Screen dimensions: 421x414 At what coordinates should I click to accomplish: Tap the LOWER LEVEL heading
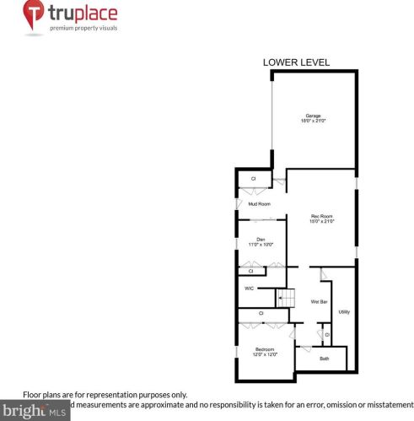point(296,62)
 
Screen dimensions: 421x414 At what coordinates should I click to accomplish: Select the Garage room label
point(313,116)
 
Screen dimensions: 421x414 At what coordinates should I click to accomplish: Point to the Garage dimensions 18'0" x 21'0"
point(313,121)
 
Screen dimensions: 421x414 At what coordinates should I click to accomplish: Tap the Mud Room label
point(258,204)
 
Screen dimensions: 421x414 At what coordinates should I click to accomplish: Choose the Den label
point(261,239)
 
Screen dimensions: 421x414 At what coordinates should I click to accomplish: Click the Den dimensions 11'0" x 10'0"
point(261,245)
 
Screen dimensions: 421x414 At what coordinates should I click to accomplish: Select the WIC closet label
point(249,289)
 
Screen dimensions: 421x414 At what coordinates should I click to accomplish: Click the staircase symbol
point(287,298)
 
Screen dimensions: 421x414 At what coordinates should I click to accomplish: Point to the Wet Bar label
point(319,301)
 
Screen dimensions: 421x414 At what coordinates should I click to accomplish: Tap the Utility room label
point(344,312)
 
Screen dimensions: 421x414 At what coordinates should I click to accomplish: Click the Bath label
point(324,359)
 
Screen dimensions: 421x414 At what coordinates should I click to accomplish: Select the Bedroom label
point(265,348)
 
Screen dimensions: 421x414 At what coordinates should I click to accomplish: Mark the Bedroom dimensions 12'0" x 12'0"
point(265,354)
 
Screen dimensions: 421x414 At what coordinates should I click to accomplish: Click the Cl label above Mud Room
point(254,179)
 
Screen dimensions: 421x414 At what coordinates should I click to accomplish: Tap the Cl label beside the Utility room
point(326,336)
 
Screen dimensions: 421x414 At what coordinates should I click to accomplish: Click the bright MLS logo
point(34,413)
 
